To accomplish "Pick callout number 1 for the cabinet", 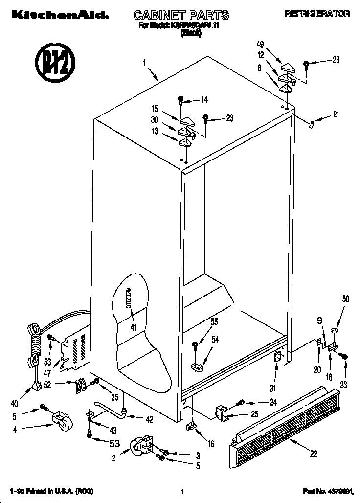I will [x=144, y=63].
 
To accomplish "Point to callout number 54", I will [x=215, y=339].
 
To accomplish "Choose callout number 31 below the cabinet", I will [x=272, y=389].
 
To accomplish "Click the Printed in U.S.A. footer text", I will [x=52, y=491].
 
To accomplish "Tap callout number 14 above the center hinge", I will [x=203, y=100].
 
